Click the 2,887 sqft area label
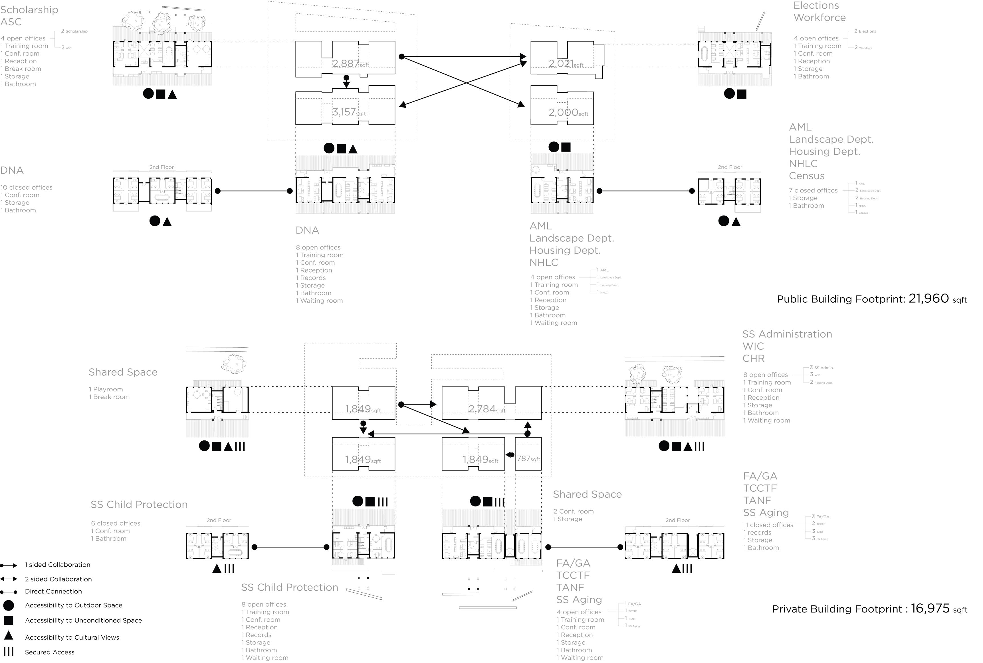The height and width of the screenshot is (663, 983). [350, 64]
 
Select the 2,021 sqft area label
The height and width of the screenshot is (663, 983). [566, 64]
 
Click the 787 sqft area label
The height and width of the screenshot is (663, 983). [528, 458]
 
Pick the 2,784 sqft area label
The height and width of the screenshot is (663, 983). [487, 409]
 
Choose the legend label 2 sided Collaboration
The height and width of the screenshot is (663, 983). [58, 579]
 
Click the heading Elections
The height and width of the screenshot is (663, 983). [816, 5]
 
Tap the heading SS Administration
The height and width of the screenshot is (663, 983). [787, 334]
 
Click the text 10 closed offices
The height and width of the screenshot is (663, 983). [27, 188]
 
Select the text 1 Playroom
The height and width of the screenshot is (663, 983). [106, 389]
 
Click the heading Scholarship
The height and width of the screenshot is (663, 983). [29, 10]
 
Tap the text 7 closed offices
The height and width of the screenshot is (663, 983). [813, 191]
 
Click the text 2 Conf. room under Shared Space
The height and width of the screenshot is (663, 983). [573, 511]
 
